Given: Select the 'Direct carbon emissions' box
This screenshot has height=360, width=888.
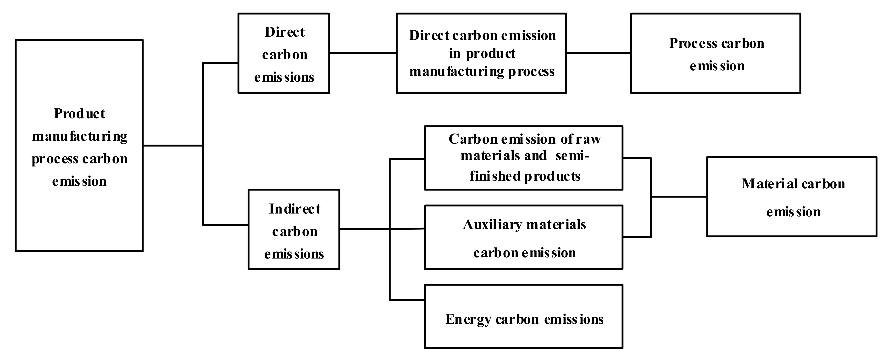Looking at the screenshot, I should pyautogui.click(x=284, y=53).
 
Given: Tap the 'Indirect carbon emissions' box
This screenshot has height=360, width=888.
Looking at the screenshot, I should pyautogui.click(x=294, y=229).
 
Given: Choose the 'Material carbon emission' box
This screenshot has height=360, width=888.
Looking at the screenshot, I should pyautogui.click(x=792, y=197).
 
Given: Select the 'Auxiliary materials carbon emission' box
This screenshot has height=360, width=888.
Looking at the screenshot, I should pyautogui.click(x=524, y=238).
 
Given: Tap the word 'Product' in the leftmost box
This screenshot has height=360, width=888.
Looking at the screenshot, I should pyautogui.click(x=79, y=114).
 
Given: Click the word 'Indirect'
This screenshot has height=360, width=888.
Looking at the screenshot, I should pyautogui.click(x=295, y=209).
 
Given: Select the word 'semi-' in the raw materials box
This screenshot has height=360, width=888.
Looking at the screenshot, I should pyautogui.click(x=572, y=156).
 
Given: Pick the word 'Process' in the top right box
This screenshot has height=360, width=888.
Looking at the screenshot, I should pyautogui.click(x=693, y=44).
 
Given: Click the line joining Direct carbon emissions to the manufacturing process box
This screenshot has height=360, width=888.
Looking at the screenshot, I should pyautogui.click(x=363, y=53).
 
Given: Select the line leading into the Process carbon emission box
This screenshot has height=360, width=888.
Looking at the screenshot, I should pyautogui.click(x=599, y=53).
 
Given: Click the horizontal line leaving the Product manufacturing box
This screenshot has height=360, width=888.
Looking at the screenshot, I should pyautogui.click(x=172, y=146).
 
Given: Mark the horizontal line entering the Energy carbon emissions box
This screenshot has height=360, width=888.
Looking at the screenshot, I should pyautogui.click(x=407, y=300).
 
